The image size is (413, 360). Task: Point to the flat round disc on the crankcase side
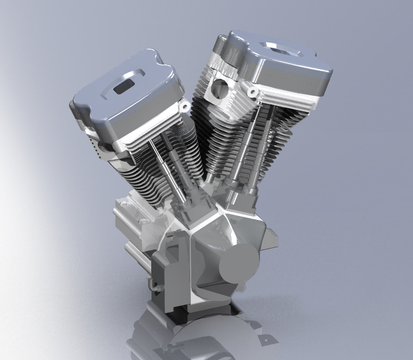(239, 263)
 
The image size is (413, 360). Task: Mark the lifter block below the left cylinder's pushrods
(193, 206)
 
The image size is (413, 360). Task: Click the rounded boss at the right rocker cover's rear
(222, 46)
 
